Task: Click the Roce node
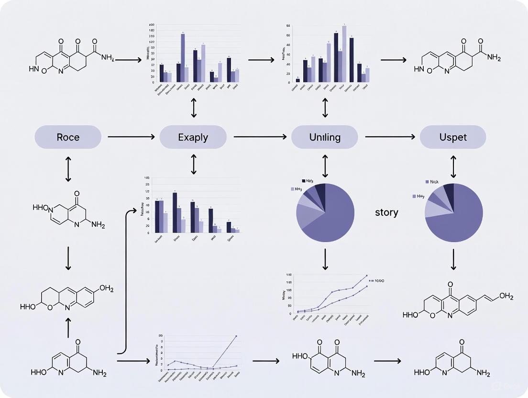[x=68, y=137]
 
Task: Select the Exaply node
[x=193, y=137]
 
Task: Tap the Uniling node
[x=325, y=137]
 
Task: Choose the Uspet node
[x=452, y=137]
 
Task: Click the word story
[x=386, y=212]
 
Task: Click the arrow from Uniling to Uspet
[x=389, y=137]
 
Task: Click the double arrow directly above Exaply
[x=193, y=109]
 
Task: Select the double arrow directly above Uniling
[x=325, y=109]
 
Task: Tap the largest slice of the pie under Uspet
[x=457, y=220]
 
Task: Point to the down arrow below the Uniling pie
[x=325, y=259]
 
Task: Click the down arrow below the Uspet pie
[x=453, y=261]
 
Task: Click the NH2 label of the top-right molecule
[x=493, y=57]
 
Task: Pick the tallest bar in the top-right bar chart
[x=344, y=54]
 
